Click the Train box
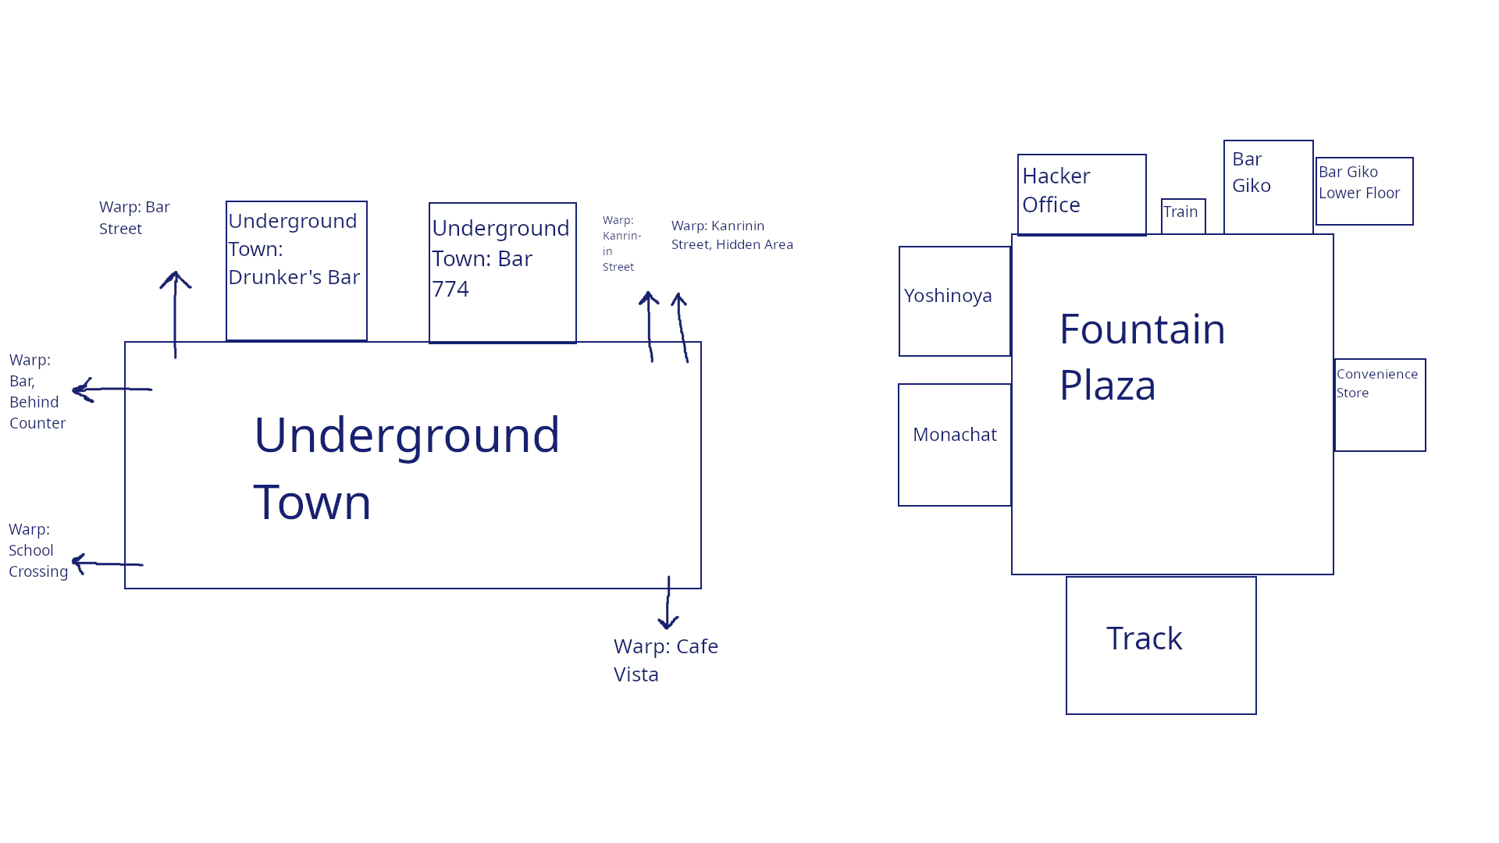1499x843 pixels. coord(1183,215)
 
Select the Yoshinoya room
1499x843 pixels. coord(954,301)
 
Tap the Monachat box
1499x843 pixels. coord(954,444)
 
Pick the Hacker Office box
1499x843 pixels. coord(1081,194)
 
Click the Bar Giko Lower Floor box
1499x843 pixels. coord(1364,190)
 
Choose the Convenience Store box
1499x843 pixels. coord(1380,404)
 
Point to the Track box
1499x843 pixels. coord(1161,645)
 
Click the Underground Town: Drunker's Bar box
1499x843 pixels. coord(296,270)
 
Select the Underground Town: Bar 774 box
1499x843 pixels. coord(502,272)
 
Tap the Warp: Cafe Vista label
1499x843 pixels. coord(665,660)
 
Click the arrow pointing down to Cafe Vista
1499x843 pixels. coord(668,603)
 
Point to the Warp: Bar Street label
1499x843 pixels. coord(134,218)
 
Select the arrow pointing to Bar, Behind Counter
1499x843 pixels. coord(111,389)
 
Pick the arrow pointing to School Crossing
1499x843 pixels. coord(107,563)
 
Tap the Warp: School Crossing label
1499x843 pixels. coord(37,550)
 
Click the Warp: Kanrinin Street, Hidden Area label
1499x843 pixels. coord(732,235)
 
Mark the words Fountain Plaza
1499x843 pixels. coord(1141,357)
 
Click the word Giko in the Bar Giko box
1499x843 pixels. coord(1252,186)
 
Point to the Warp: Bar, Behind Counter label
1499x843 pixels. coord(37,391)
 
